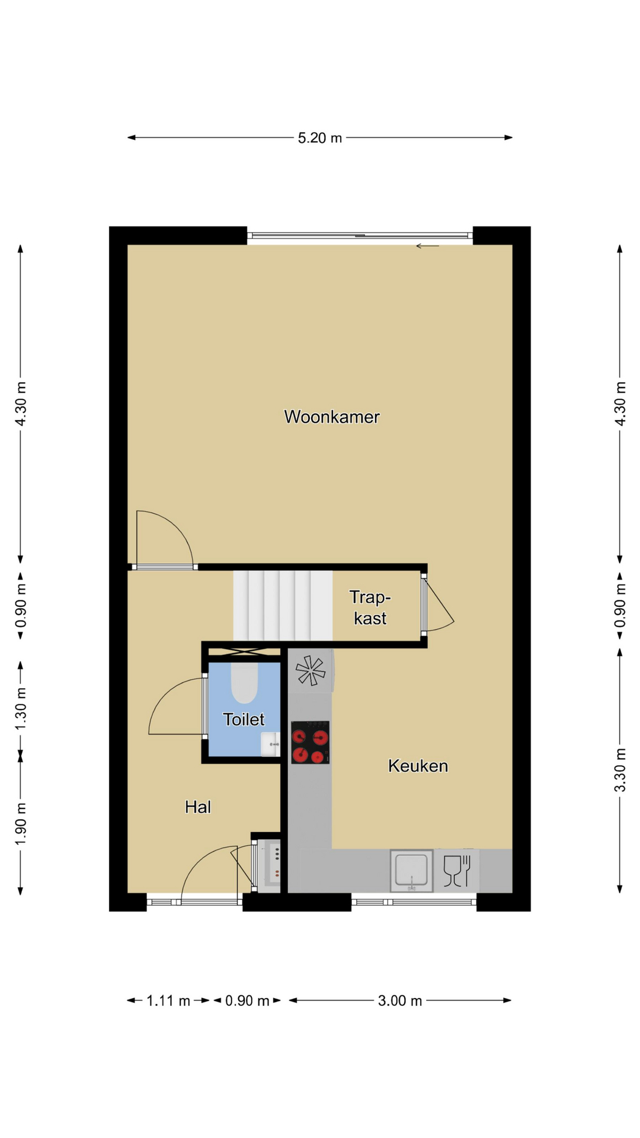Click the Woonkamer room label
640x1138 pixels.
(331, 417)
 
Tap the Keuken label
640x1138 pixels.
(418, 766)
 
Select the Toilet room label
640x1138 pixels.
(244, 720)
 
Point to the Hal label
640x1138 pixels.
(198, 807)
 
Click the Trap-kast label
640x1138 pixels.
(370, 608)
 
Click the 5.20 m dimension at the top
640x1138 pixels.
(320, 138)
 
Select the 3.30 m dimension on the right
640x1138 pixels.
(620, 770)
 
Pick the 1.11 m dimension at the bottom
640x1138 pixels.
(168, 1001)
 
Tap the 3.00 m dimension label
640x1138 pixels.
(400, 1001)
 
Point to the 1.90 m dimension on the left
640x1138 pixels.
(21, 824)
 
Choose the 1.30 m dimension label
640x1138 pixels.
(21, 709)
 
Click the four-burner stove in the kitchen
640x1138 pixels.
(310, 742)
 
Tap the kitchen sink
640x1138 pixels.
(411, 871)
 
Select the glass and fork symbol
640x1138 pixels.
(457, 871)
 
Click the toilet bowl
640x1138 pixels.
(244, 682)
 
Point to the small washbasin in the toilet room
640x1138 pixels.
(270, 744)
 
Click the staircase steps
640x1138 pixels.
(283, 606)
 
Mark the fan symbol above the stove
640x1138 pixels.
(311, 670)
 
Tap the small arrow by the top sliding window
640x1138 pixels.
(427, 246)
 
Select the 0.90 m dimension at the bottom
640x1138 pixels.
(247, 1001)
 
